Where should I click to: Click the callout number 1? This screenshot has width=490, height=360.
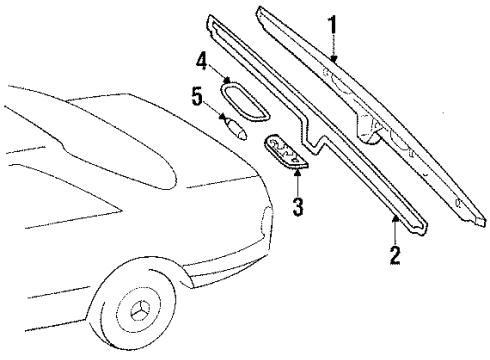332,25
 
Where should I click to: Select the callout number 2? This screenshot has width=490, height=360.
395,255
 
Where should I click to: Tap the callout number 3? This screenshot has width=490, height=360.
298,206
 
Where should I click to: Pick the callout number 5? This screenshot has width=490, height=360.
197,97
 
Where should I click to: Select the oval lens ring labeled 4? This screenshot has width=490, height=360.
245,102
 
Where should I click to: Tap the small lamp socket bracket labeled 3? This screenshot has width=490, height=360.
287,152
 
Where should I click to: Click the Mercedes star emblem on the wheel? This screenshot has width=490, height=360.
139,310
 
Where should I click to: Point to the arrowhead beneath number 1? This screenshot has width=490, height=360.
334,59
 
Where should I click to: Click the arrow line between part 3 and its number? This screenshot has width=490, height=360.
297,183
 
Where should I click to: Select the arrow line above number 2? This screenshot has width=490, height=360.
395,230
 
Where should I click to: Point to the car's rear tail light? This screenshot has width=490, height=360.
267,221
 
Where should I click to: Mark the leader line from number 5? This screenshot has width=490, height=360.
212,109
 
